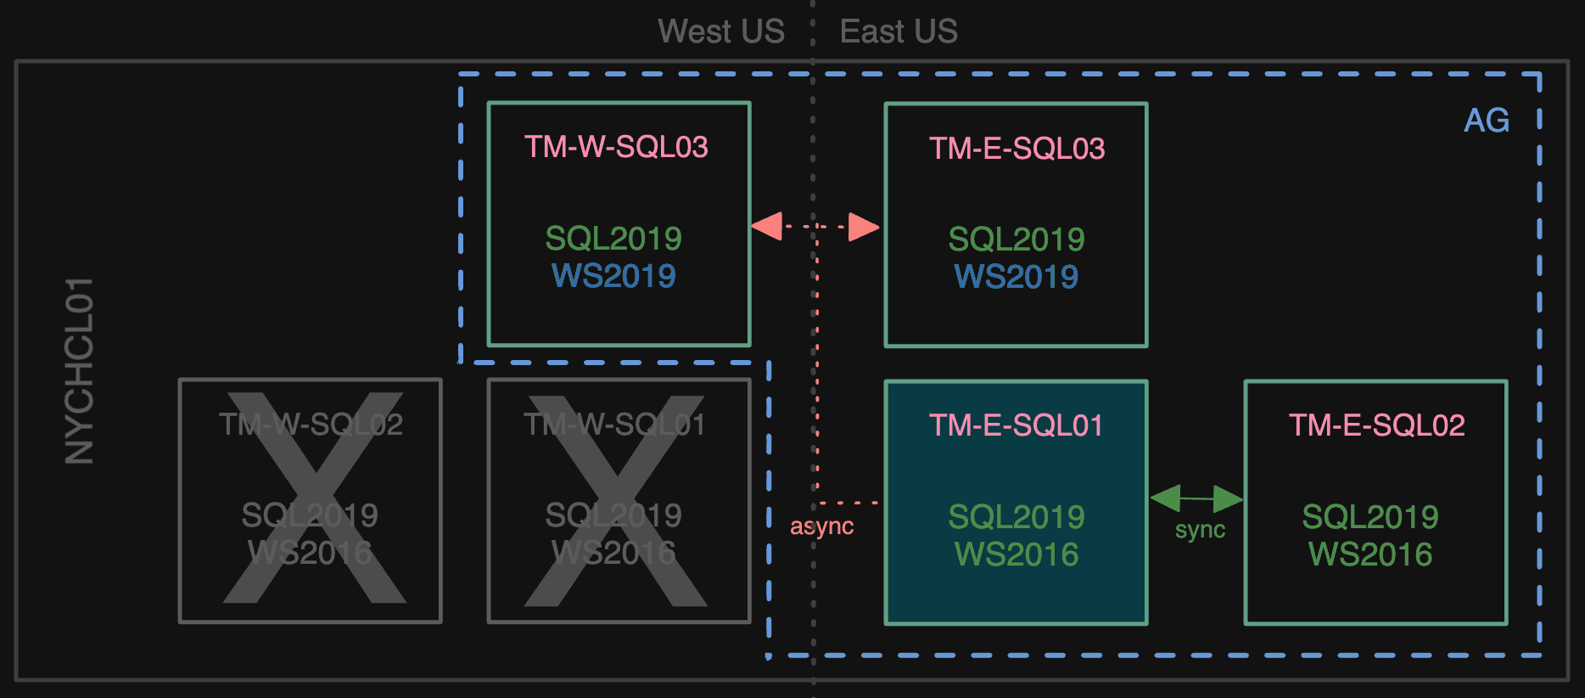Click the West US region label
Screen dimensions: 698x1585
721,31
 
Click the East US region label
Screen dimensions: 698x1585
899,31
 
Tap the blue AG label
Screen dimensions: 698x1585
1487,121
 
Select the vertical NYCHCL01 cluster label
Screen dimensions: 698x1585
80,371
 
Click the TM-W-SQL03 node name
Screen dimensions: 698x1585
616,147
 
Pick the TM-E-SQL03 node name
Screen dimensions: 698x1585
1017,149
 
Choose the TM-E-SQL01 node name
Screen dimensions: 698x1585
1017,425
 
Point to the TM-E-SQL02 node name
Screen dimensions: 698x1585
1376,425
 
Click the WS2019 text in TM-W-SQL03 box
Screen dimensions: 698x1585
613,276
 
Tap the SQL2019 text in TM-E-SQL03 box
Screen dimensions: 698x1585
1017,239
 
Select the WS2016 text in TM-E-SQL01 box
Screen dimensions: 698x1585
1017,554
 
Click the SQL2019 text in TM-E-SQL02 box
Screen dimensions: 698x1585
1370,517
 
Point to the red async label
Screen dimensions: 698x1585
821,526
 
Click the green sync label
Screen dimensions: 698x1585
1200,530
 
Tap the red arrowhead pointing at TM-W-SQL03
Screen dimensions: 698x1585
767,227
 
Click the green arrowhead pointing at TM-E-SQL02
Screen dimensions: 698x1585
1228,499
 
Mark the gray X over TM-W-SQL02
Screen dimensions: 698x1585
314,498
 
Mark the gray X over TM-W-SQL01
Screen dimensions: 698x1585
616,501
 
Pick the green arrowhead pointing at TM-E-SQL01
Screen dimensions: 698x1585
1166,498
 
